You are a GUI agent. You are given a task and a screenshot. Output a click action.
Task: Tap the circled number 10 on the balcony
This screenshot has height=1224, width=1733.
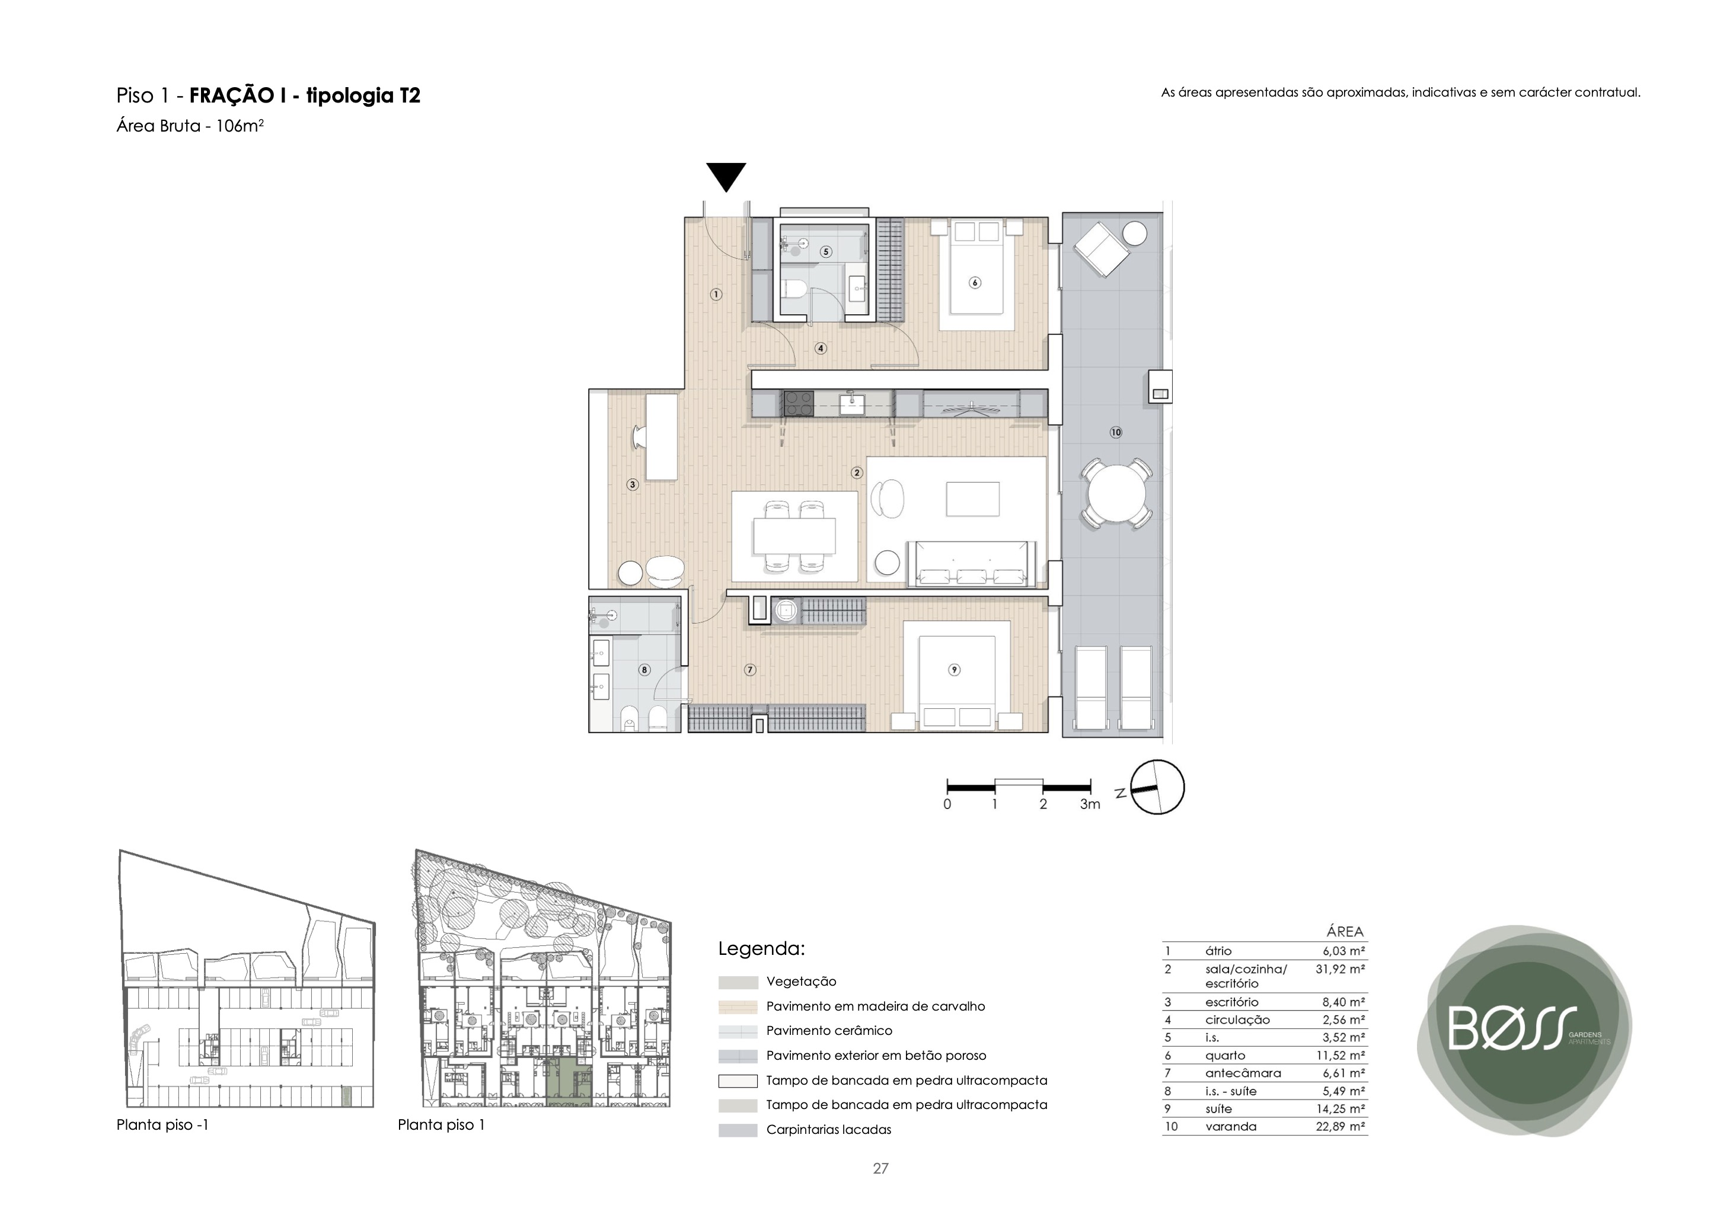coord(1116,432)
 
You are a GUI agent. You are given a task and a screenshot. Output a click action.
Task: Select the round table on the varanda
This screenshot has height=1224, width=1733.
coord(1116,495)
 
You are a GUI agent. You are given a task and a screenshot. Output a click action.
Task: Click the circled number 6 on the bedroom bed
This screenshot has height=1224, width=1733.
coord(975,283)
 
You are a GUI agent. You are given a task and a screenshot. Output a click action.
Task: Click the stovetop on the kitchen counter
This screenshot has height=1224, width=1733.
coord(799,403)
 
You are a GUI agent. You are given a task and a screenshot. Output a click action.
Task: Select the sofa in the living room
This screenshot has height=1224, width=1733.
coord(972,563)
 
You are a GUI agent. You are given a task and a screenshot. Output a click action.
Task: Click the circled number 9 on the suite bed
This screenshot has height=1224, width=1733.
coord(954,669)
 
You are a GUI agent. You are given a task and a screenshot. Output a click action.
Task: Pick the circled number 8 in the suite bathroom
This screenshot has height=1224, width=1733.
coord(644,669)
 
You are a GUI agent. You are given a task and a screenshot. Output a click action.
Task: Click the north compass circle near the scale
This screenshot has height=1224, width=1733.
coord(1158,787)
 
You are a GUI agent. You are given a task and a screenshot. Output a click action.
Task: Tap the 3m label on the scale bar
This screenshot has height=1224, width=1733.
coord(1089,804)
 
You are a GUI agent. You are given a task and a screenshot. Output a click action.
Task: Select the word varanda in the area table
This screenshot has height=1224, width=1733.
coord(1231,1127)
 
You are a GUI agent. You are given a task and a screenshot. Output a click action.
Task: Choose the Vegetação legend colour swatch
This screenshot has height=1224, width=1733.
coord(738,983)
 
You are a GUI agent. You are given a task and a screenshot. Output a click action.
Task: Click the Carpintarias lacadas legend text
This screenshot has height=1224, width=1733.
coord(829,1130)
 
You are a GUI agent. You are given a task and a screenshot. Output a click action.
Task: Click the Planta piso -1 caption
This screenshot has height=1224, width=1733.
coord(162,1124)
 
